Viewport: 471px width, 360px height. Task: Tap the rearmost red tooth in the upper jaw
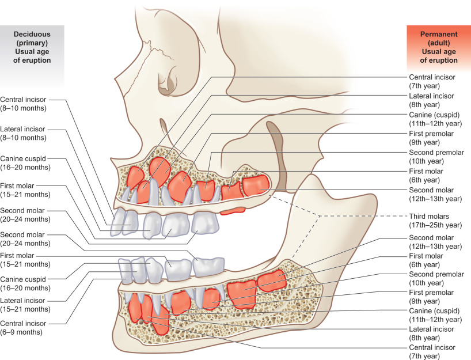pos(255,185)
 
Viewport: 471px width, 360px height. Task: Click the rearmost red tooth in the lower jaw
pos(271,281)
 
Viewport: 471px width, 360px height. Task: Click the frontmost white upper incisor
pos(117,221)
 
